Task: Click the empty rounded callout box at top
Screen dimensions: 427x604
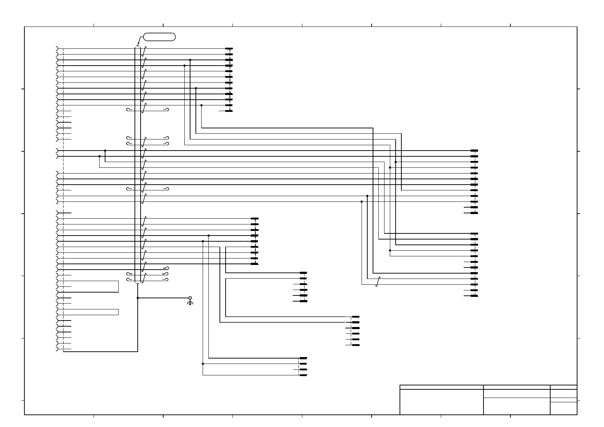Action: tap(159, 37)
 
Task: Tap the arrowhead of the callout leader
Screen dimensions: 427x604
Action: tap(138, 45)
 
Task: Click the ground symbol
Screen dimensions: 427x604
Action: tap(190, 303)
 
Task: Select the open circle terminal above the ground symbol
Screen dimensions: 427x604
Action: tap(190, 298)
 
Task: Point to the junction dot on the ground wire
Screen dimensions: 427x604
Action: tap(138, 298)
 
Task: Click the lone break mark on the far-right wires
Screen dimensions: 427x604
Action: tap(378, 282)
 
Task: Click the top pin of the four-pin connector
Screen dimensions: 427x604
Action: tap(303, 358)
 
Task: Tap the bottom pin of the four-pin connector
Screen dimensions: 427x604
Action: tap(303, 375)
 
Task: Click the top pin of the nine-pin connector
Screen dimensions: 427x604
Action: tap(255, 218)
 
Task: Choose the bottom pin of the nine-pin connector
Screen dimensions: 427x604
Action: tap(255, 264)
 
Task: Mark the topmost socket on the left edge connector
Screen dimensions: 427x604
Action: tap(57, 48)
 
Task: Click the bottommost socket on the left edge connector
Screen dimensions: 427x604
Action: tap(57, 349)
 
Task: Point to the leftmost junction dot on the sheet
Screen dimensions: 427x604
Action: tap(99, 156)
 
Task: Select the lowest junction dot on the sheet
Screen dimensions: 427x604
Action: tap(203, 364)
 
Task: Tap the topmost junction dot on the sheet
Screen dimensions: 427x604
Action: tap(190, 60)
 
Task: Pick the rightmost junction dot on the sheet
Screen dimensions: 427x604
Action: tap(396, 162)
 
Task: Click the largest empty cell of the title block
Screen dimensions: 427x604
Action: tap(442, 402)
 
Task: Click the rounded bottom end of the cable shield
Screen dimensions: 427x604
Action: tap(138, 283)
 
